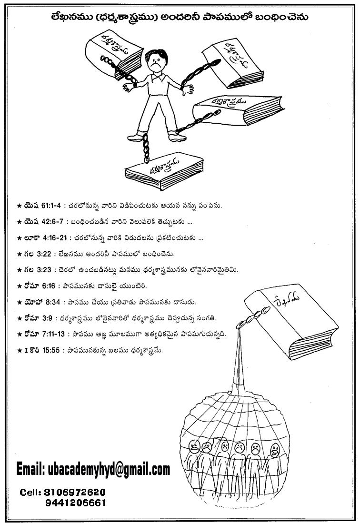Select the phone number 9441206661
click(76, 503)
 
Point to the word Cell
click(30, 492)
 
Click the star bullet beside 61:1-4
click(19, 206)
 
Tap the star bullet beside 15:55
click(19, 350)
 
